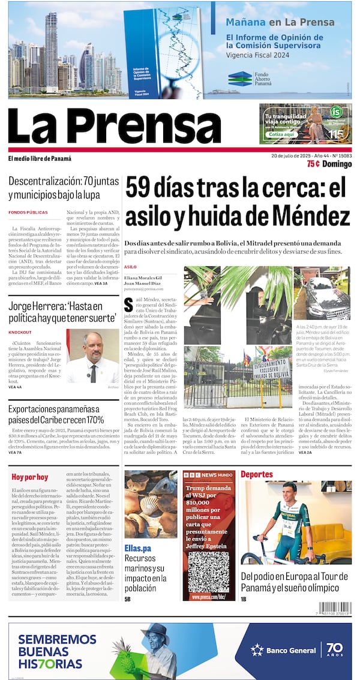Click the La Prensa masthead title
pos(114,127)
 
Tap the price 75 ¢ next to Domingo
pos(313,164)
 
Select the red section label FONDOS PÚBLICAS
pos(28,212)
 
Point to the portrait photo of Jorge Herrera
pos(92,356)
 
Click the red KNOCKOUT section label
pos(20,332)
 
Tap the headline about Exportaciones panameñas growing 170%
pos(56,414)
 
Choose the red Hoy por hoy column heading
pos(29,477)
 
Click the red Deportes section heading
pos(257,474)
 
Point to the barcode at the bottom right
pos(334,607)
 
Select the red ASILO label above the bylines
pos(130,267)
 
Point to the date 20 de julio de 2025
pos(298,156)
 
